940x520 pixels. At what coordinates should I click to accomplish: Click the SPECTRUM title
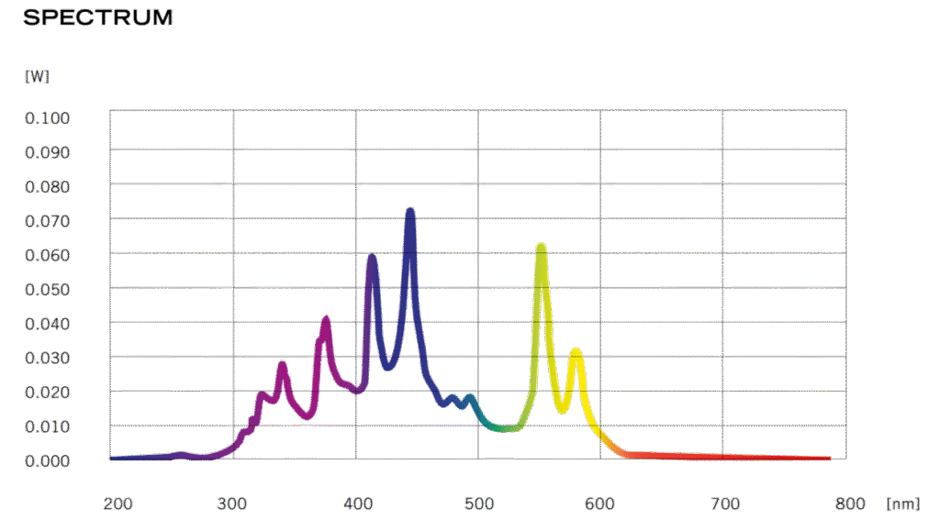tap(98, 17)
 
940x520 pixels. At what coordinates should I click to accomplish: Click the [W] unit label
tap(37, 76)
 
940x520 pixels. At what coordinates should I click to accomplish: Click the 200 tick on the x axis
tap(118, 503)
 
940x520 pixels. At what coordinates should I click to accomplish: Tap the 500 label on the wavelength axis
tap(479, 503)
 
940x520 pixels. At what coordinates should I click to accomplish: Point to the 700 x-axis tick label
tap(725, 503)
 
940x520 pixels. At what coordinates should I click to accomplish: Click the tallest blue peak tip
tap(410, 212)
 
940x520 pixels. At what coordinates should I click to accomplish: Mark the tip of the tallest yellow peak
tap(541, 246)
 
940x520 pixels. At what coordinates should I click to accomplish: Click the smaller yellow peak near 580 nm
tap(576, 350)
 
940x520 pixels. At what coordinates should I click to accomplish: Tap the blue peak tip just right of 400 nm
tap(372, 258)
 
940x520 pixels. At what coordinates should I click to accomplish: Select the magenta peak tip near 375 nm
tap(325, 320)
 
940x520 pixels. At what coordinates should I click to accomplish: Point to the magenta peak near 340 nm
tap(282, 366)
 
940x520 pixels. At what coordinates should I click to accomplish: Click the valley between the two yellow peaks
tap(562, 409)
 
